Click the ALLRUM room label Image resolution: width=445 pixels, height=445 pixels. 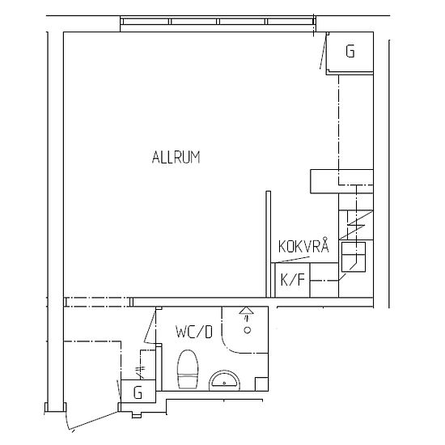tap(176, 157)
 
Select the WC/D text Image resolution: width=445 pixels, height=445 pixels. tap(194, 332)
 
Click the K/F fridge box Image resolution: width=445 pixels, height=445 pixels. tap(292, 280)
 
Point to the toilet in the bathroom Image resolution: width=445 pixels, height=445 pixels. tap(188, 369)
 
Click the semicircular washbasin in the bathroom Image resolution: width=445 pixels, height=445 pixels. tap(224, 380)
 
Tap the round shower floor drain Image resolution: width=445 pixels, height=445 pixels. tap(248, 330)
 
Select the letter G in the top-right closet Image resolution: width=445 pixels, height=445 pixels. tap(350, 51)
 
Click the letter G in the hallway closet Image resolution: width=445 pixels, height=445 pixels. tap(138, 392)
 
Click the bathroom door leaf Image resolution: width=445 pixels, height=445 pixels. tap(150, 325)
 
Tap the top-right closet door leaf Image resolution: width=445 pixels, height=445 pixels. tap(324, 50)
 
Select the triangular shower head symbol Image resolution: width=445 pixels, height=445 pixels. tap(246, 311)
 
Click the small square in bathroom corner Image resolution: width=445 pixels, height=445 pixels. tap(261, 384)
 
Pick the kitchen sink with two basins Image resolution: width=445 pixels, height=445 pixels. tap(354, 256)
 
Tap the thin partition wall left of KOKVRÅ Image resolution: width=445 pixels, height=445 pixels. tap(268, 244)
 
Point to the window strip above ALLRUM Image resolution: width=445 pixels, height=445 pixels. tap(218, 22)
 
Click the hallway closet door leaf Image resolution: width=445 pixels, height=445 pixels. tap(119, 391)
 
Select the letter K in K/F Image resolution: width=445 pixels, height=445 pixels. tap(284, 280)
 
